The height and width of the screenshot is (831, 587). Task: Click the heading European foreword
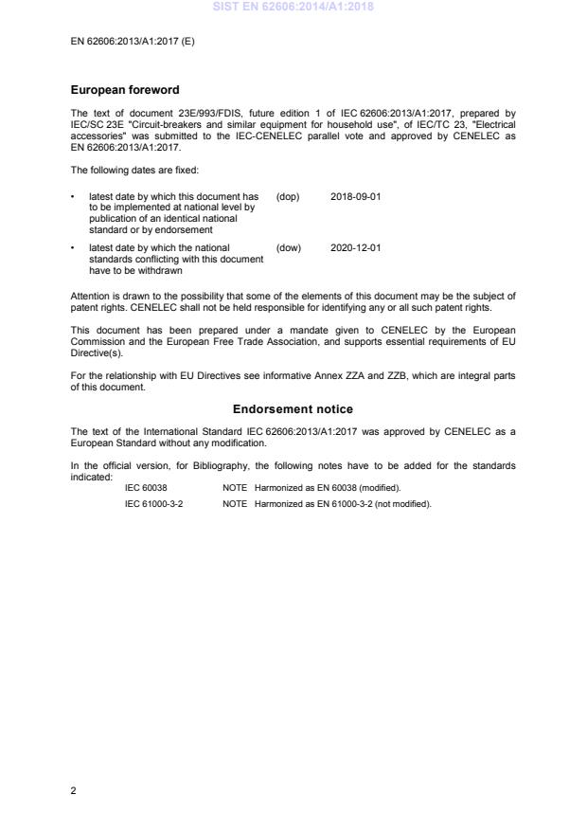[x=125, y=91]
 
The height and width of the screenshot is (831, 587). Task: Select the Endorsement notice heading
[x=293, y=409]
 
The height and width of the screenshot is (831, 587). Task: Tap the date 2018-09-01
[x=355, y=196]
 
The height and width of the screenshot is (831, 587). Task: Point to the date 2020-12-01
[x=355, y=248]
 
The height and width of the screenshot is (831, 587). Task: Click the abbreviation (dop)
[x=288, y=196]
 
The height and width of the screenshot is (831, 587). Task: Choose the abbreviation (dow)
[x=288, y=248]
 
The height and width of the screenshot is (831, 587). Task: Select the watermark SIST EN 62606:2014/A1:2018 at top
[x=293, y=7]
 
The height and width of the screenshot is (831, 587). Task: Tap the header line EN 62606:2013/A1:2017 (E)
[x=133, y=42]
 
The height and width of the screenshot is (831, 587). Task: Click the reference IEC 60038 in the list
[x=147, y=487]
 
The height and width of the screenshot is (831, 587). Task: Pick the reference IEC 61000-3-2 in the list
[x=154, y=504]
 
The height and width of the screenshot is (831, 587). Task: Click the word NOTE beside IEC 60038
[x=234, y=487]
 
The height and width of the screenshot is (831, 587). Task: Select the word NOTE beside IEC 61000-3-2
[x=234, y=504]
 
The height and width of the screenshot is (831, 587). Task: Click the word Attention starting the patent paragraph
[x=90, y=296]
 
